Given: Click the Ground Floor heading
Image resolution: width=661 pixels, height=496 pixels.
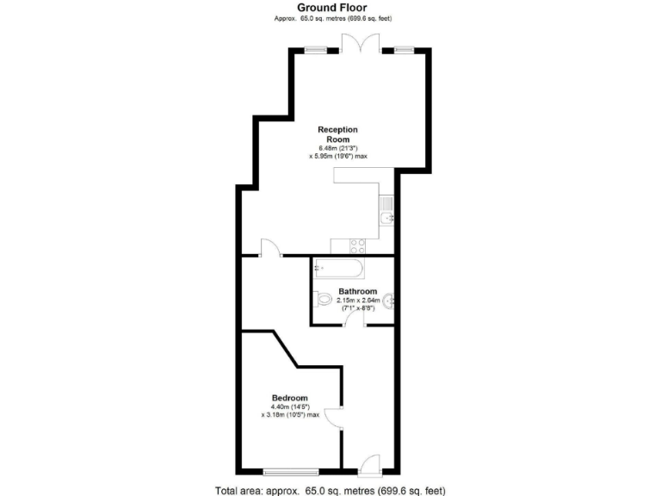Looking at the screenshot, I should coord(331,8).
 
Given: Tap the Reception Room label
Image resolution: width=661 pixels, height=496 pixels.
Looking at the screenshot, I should coord(337,134).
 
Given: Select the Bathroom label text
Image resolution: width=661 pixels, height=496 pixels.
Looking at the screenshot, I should coord(357,292).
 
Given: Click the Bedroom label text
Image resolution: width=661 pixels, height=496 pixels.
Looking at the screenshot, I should coord(289,398).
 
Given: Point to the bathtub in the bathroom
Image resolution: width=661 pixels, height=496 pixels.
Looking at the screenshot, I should coord(339,269).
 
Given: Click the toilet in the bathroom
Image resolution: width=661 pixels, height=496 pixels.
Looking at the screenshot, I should coord(324,300).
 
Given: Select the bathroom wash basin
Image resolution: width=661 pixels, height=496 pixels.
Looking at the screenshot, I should coord(390,301).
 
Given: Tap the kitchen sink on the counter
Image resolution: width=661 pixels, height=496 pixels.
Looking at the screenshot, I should coord(386,211).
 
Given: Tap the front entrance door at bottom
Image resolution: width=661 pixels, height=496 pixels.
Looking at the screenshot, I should coord(370,464).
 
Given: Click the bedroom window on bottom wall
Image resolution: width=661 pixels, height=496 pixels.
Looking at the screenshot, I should coord(290,471).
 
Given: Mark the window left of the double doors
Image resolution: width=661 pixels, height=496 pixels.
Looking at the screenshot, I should coord(316,50).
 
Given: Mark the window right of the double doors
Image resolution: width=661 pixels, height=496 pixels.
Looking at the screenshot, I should coord(404,50).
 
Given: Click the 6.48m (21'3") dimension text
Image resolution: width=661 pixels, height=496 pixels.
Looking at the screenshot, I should coord(337,148).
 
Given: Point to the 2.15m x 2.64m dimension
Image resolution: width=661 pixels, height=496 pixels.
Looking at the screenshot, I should coord(358,301).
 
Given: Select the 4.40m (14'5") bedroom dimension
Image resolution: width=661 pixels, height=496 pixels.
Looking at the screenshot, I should coord(289,406).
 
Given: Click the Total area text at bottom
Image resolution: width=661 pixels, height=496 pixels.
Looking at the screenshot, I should coord(330,490).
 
